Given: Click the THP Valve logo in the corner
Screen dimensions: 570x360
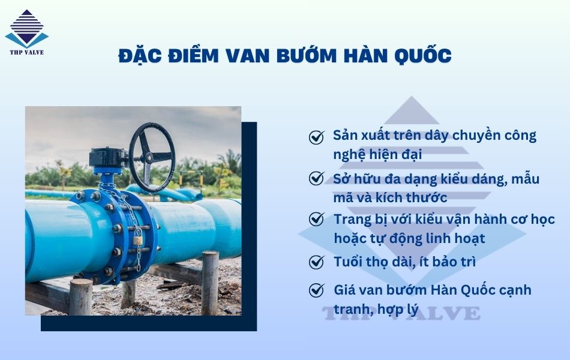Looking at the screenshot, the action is tap(26, 32).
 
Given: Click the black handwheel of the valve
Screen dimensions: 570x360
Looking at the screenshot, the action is tap(152, 157).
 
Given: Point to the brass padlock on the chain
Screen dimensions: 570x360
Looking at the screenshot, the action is tap(138, 240).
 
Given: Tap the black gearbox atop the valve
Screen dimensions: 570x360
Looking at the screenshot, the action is tap(109, 157).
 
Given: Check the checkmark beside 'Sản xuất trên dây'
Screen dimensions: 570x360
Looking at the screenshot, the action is tap(316, 137).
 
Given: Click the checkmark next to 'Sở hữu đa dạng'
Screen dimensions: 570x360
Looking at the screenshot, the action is tap(316, 178).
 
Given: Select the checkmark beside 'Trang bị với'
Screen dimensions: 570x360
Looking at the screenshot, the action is tap(316, 219).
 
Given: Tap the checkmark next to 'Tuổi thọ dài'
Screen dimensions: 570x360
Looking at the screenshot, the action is tap(316, 262).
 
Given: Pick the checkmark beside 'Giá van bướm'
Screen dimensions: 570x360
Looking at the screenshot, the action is tap(316, 290).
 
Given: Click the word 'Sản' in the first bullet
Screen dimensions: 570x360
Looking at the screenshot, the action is tap(346, 135).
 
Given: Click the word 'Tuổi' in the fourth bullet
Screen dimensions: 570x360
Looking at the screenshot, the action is tap(348, 262).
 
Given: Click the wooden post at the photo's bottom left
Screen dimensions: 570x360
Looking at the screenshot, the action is tap(80, 297).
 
